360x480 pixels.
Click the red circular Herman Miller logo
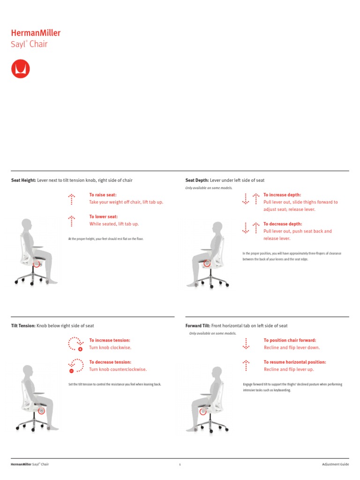pos(20,68)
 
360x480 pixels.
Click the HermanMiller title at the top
pos(36,33)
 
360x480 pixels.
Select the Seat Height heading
pos(23,180)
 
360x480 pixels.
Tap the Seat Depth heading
pos(197,180)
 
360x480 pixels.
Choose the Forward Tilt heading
pos(198,326)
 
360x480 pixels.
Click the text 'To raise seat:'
pos(103,195)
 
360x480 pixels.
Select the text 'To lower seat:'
pos(103,217)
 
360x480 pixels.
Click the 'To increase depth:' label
pos(282,195)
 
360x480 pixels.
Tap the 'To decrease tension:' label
pos(110,362)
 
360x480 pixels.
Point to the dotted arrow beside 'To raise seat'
pos(71,199)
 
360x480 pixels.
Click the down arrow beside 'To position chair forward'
pos(246,344)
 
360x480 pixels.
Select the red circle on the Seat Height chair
pos(37,264)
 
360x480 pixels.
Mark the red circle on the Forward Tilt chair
pos(202,411)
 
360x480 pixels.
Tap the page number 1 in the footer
pos(180,465)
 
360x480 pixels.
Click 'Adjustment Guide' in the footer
pos(335,465)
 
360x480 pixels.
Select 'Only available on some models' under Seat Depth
pos(209,188)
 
